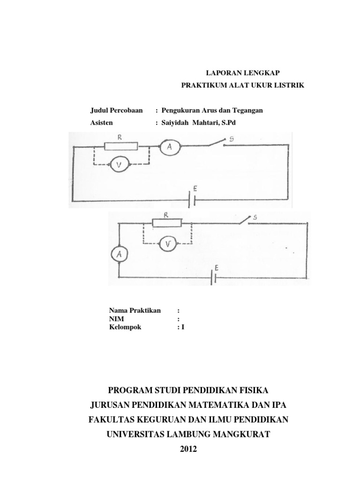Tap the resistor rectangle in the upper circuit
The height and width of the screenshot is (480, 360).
121,147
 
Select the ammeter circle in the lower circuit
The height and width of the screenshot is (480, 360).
118,253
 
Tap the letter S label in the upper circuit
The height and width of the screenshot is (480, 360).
231,139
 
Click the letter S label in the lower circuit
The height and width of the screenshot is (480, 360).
255,217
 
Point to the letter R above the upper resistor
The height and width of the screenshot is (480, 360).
120,137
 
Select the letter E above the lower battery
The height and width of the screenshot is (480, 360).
216,267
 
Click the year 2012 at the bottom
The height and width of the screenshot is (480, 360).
188,449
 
